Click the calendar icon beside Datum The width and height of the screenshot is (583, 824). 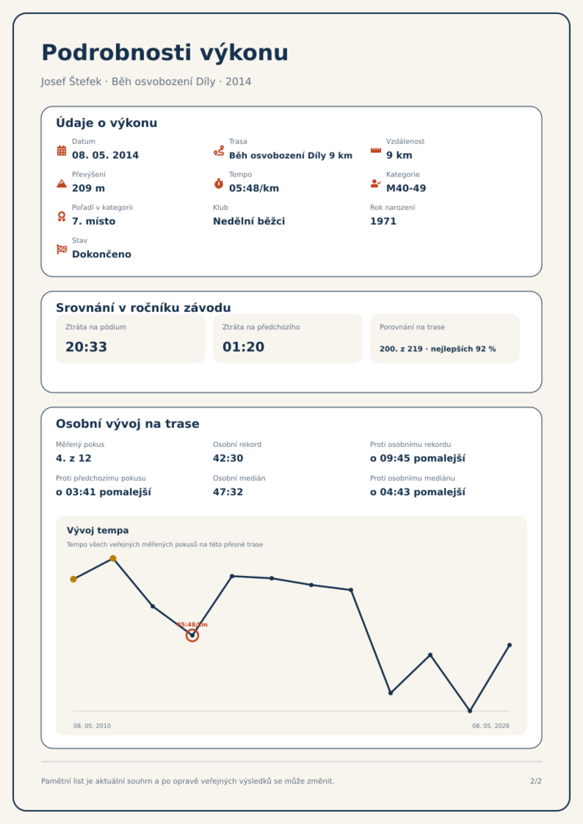[x=62, y=150]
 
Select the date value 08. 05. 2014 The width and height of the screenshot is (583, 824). [x=105, y=155]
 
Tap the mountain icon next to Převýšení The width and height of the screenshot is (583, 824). [x=62, y=183]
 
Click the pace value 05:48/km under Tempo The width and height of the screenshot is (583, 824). [x=254, y=188]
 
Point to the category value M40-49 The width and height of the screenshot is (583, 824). [x=406, y=188]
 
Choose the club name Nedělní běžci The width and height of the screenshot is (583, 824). [x=249, y=221]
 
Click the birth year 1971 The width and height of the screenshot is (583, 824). [x=383, y=221]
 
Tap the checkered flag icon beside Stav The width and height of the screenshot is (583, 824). [x=62, y=249]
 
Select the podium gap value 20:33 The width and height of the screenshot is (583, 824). [x=86, y=347]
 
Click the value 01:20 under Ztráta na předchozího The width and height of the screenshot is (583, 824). [x=243, y=347]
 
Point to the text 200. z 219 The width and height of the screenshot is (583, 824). [x=401, y=349]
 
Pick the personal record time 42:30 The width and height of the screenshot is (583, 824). [x=228, y=458]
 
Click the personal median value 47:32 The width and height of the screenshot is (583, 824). [x=228, y=492]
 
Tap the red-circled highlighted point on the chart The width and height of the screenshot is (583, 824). [x=192, y=635]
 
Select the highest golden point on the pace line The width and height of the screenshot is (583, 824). [x=113, y=558]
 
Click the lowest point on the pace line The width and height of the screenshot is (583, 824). [x=470, y=711]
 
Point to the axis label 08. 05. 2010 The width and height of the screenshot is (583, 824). [x=92, y=726]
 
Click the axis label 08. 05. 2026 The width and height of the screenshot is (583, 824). [x=491, y=726]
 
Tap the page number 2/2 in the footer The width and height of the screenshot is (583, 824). [x=536, y=781]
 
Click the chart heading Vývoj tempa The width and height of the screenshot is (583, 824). [x=98, y=531]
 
